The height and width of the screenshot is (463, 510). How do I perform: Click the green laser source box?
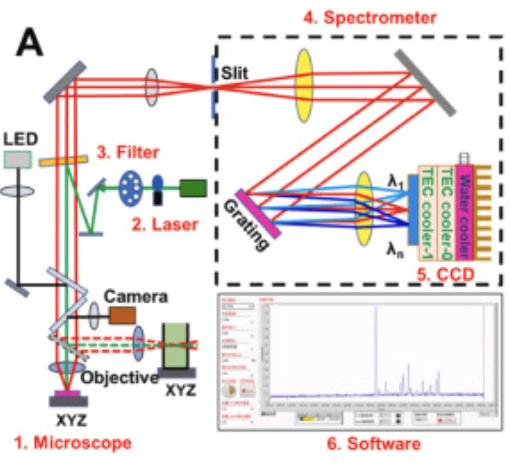tap(193, 188)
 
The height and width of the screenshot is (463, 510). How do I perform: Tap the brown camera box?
tap(123, 315)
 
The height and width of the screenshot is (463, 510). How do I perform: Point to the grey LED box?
tap(18, 160)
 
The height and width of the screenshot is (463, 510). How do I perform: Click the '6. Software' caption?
tap(374, 444)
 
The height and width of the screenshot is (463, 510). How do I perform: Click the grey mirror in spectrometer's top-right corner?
tap(425, 83)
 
